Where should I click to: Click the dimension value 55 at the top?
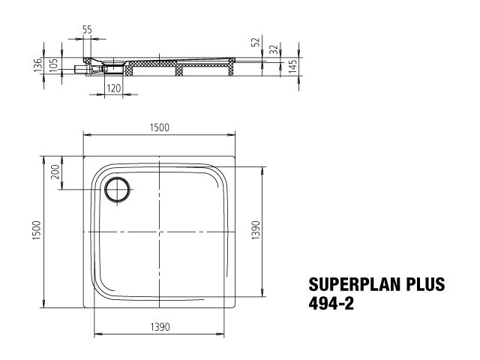pyautogui.click(x=87, y=30)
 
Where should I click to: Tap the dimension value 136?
pyautogui.click(x=37, y=65)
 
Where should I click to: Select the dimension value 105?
pyautogui.click(x=53, y=65)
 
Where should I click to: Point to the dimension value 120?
pyautogui.click(x=113, y=88)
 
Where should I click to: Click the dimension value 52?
pyautogui.click(x=255, y=41)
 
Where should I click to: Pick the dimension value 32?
pyautogui.click(x=273, y=49)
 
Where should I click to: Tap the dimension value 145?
pyautogui.click(x=292, y=66)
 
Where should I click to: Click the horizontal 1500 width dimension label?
pyautogui.click(x=160, y=127)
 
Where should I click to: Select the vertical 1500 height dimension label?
pyautogui.click(x=37, y=230)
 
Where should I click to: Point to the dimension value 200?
pyautogui.click(x=55, y=172)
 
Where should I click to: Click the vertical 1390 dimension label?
pyautogui.click(x=256, y=230)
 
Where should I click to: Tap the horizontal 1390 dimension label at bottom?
pyautogui.click(x=160, y=327)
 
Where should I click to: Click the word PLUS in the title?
pyautogui.click(x=425, y=284)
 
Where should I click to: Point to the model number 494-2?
pyautogui.click(x=331, y=304)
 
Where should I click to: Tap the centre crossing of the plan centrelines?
pyautogui.click(x=160, y=232)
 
